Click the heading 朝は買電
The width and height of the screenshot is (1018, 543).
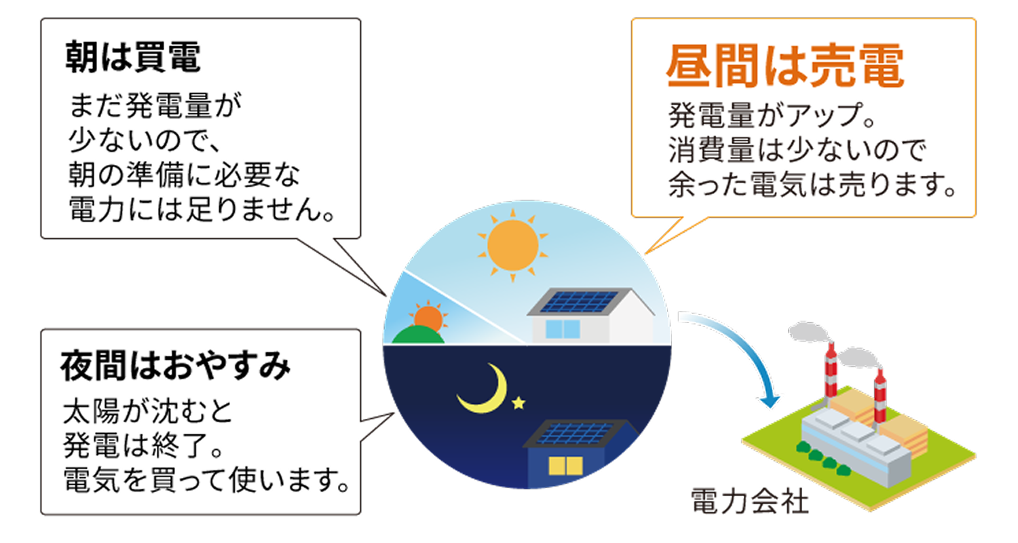[133, 59]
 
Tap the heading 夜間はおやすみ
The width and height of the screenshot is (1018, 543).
[176, 367]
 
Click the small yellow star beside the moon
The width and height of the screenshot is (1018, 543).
[519, 403]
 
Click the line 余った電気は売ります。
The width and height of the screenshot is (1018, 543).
[811, 185]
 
